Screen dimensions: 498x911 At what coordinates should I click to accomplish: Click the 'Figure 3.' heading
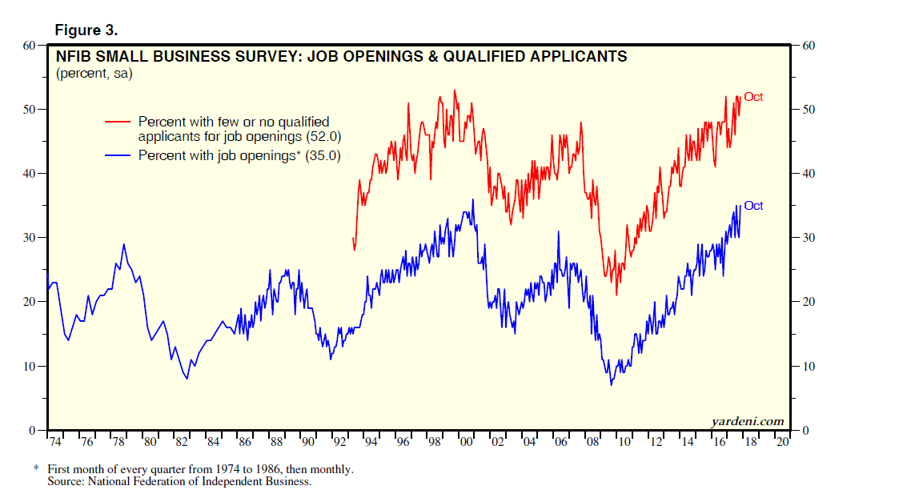86,30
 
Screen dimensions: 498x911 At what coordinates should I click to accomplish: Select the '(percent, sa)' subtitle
94,74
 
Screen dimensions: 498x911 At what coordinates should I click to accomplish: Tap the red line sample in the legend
118,122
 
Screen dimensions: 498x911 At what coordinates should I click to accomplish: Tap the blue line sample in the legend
118,156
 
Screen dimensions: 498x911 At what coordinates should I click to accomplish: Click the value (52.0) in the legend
314,137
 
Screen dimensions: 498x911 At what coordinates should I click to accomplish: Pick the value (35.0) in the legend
323,156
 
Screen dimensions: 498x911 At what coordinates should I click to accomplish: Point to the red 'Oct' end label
753,97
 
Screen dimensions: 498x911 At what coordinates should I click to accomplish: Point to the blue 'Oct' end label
753,206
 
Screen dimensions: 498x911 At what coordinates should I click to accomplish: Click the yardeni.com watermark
748,421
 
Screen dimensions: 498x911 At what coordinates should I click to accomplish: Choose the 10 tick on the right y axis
808,367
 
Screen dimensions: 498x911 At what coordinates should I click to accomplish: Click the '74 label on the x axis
54,441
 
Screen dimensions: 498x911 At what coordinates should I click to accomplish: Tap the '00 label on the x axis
464,441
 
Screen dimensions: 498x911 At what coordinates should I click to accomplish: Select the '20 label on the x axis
781,441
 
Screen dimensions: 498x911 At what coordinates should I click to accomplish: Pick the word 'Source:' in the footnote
65,481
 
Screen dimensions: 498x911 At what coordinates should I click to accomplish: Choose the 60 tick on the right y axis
808,46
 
